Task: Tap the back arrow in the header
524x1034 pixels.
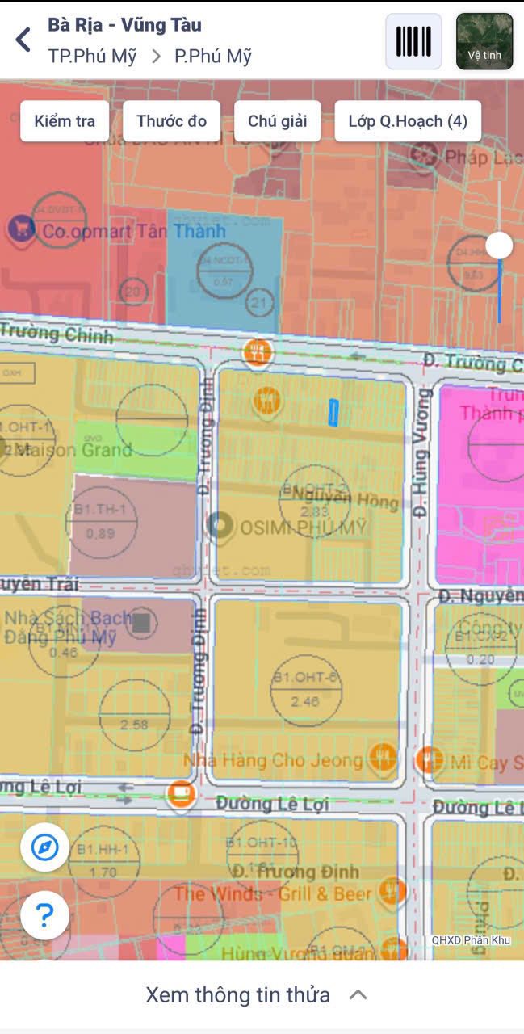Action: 23,39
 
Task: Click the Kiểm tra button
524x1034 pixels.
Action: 65,121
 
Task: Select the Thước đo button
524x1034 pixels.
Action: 171,121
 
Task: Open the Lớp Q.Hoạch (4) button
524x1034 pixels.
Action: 408,121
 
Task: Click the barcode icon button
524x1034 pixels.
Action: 413,41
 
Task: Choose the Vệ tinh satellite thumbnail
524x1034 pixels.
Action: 484,41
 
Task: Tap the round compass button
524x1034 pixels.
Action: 44,847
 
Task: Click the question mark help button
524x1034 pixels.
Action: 44,915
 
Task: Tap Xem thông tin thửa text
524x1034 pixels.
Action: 238,994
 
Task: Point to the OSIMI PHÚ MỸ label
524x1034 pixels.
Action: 303,528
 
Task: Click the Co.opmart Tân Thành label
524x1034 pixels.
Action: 133,232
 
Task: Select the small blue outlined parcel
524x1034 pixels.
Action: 333,412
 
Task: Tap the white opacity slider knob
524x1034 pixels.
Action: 499,245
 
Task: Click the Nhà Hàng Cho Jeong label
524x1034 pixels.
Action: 273,760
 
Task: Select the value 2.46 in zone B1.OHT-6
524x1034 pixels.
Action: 305,701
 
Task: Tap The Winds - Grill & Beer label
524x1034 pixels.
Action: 273,893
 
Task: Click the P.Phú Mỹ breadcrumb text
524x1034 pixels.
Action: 213,57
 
